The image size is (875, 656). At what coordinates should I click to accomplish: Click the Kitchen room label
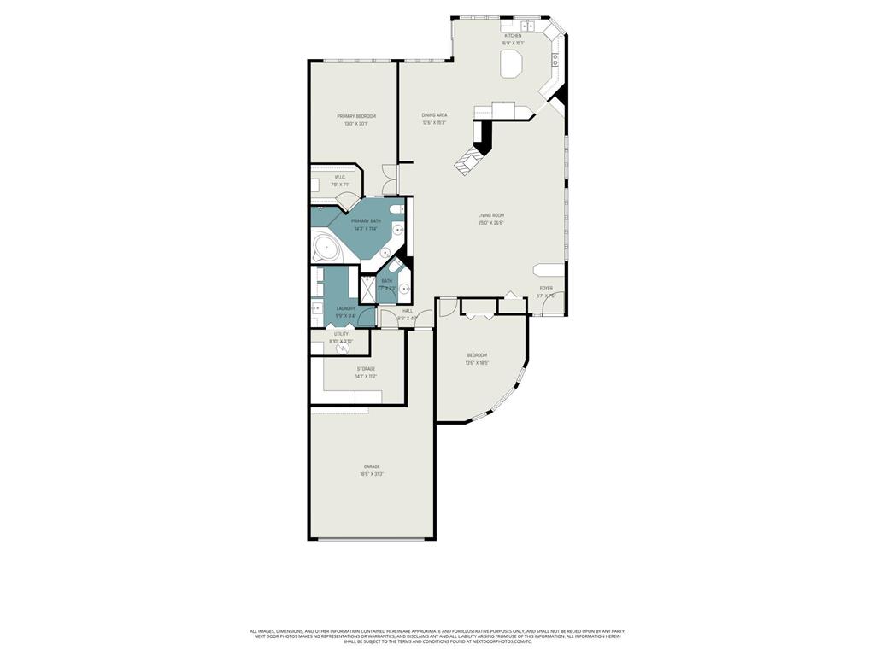[x=512, y=36]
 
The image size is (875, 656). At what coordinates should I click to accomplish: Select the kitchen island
[x=512, y=64]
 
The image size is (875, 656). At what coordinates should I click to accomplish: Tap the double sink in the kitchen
[x=529, y=26]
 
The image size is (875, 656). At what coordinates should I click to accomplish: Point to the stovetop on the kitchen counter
[x=555, y=60]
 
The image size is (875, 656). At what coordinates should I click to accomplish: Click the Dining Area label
[x=434, y=115]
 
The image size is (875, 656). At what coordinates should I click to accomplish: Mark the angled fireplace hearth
[x=468, y=161]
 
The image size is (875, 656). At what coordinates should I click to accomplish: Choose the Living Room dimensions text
[x=490, y=223]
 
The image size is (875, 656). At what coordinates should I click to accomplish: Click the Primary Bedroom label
[x=355, y=116]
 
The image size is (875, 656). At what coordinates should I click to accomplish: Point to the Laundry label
[x=345, y=308]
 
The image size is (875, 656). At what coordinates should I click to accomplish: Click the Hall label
[x=408, y=311]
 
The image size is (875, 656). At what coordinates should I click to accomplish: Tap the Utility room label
[x=341, y=334]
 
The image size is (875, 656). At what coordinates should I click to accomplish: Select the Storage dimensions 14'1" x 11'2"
[x=366, y=377]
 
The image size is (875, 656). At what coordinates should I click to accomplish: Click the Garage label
[x=371, y=466]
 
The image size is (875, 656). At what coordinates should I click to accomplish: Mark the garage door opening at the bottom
[x=372, y=539]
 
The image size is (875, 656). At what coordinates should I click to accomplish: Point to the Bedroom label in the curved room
[x=477, y=355]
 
